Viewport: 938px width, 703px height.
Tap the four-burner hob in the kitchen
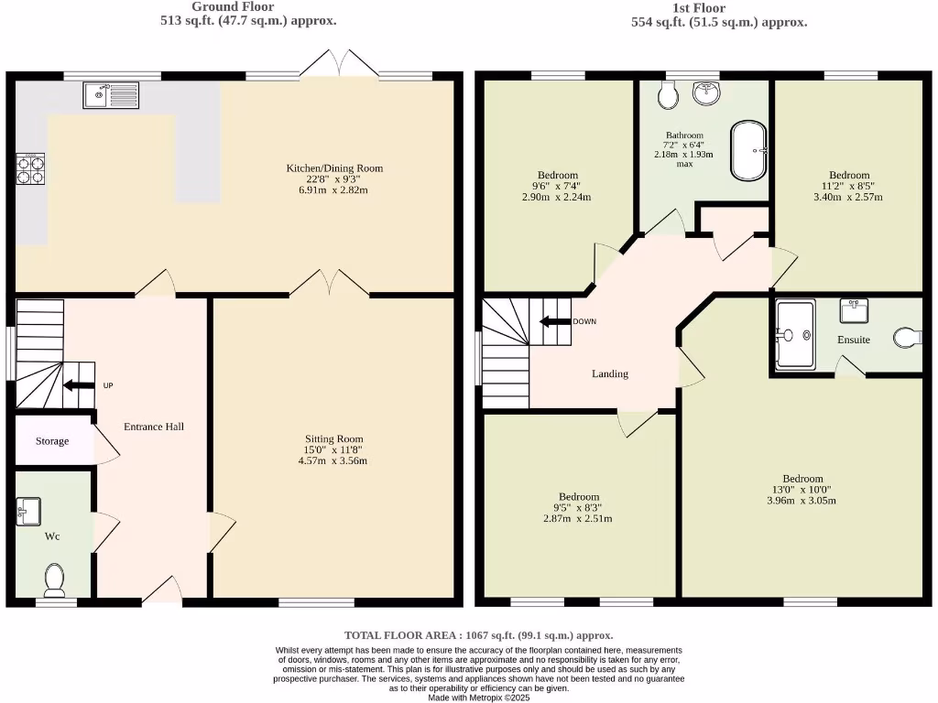tap(30, 168)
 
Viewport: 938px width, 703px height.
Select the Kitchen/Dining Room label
tap(334, 168)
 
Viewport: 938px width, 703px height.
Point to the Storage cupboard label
tap(52, 441)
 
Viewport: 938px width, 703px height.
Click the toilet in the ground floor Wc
tap(54, 578)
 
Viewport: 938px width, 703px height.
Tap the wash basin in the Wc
tap(28, 512)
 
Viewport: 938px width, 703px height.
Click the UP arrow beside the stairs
tap(81, 385)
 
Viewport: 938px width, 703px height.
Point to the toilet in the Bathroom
tap(668, 92)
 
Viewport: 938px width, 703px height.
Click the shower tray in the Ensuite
tap(794, 335)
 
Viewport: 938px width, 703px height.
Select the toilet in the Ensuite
tap(908, 338)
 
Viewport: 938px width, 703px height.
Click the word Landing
tap(609, 373)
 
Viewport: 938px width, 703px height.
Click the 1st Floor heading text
tap(699, 8)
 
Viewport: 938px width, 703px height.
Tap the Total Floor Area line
tap(478, 635)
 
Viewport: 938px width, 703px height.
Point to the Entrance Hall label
tap(154, 427)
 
